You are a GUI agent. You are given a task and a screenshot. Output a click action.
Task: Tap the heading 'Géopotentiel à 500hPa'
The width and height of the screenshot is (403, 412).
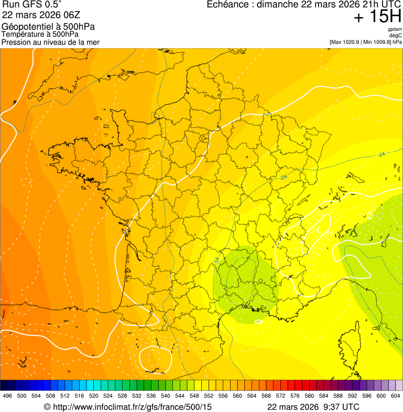[48, 27]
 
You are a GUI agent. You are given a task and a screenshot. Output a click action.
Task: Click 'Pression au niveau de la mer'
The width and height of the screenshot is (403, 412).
[50, 42]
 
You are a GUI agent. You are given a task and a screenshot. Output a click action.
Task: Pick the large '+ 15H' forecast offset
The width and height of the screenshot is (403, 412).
[377, 17]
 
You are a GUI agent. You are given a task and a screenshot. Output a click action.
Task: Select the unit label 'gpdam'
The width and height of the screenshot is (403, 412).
[395, 29]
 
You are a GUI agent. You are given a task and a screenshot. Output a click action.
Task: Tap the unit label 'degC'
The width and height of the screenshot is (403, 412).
[395, 35]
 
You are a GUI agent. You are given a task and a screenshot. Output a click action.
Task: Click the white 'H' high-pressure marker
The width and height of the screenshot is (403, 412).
[316, 230]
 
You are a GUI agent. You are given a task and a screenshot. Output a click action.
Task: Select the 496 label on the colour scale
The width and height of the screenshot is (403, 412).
[7, 396]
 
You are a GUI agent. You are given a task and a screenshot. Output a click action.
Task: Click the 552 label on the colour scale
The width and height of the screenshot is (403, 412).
[209, 396]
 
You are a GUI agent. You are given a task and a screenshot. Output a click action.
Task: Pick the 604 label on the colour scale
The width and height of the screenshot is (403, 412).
[396, 396]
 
